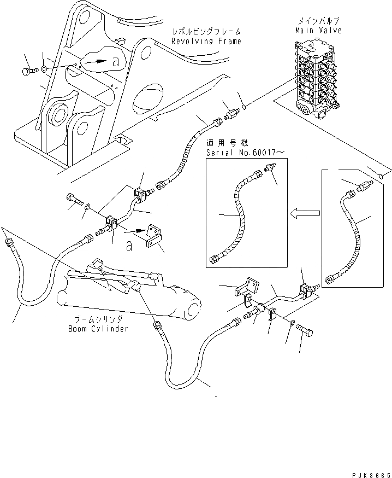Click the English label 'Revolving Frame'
(x=206, y=41)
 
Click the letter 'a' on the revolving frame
(x=115, y=62)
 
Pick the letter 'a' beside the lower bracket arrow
(x=129, y=246)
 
